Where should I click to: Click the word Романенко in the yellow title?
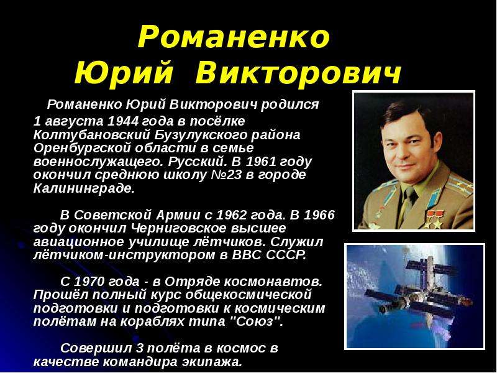coord(234,37)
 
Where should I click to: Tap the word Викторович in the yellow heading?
coord(298,73)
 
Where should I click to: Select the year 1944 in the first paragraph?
coord(123,121)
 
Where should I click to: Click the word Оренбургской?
coord(81,148)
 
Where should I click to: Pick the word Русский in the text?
coord(197,162)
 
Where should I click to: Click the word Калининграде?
coord(84,188)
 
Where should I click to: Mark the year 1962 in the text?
coord(230,215)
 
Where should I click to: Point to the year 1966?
coord(319,215)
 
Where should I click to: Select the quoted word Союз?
coord(255,321)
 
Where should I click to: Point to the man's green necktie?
coord(409,203)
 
